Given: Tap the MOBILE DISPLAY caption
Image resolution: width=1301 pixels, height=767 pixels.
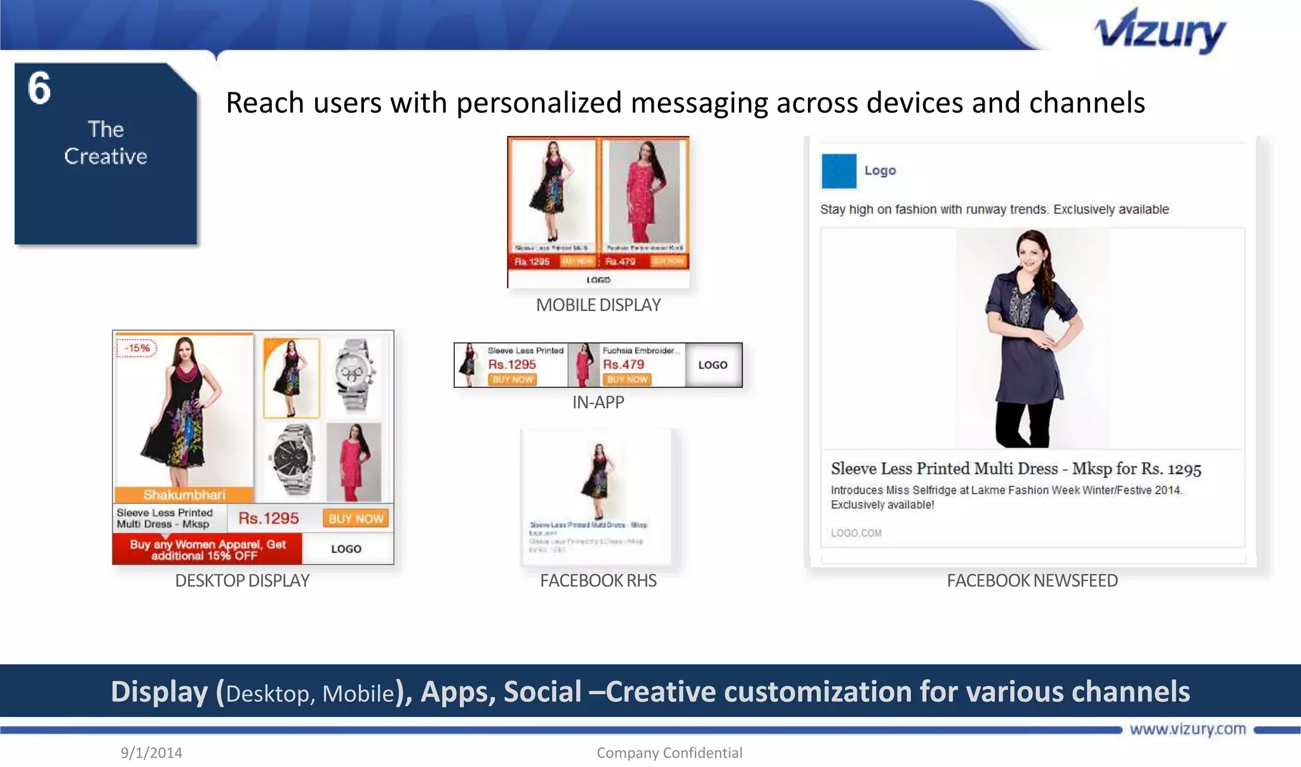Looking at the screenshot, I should point(598,305).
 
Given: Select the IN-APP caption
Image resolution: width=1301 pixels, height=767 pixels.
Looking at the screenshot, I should point(598,403).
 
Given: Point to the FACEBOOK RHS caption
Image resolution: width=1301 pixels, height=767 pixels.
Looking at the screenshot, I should point(598,580).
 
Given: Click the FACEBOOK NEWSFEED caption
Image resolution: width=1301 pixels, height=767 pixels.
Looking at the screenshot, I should point(1032,580).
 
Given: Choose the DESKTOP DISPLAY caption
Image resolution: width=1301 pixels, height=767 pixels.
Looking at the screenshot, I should point(242,580).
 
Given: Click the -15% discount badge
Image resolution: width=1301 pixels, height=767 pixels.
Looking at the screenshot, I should point(137,348).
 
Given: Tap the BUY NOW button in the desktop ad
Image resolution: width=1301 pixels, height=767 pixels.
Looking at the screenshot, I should point(356,519).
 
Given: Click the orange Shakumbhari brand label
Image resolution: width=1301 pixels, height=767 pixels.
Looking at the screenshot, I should point(184,495).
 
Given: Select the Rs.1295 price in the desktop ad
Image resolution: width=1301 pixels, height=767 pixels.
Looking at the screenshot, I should point(268,519).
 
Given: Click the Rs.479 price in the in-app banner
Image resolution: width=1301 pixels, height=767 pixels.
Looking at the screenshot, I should point(623,364).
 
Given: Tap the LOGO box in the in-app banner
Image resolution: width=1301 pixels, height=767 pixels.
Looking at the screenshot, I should point(713,365).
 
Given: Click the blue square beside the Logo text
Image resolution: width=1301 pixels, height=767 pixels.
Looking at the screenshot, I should point(839,171).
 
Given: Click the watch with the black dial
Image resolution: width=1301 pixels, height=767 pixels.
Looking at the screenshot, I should point(292,460).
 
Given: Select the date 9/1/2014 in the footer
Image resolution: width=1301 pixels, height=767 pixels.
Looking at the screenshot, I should point(151,752).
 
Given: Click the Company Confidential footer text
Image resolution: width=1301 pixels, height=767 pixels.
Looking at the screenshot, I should point(669,752).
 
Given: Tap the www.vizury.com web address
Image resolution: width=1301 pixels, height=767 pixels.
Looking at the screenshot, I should point(1187,729).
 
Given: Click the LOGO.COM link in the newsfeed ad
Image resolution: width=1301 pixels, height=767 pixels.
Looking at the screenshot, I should point(856,533).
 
